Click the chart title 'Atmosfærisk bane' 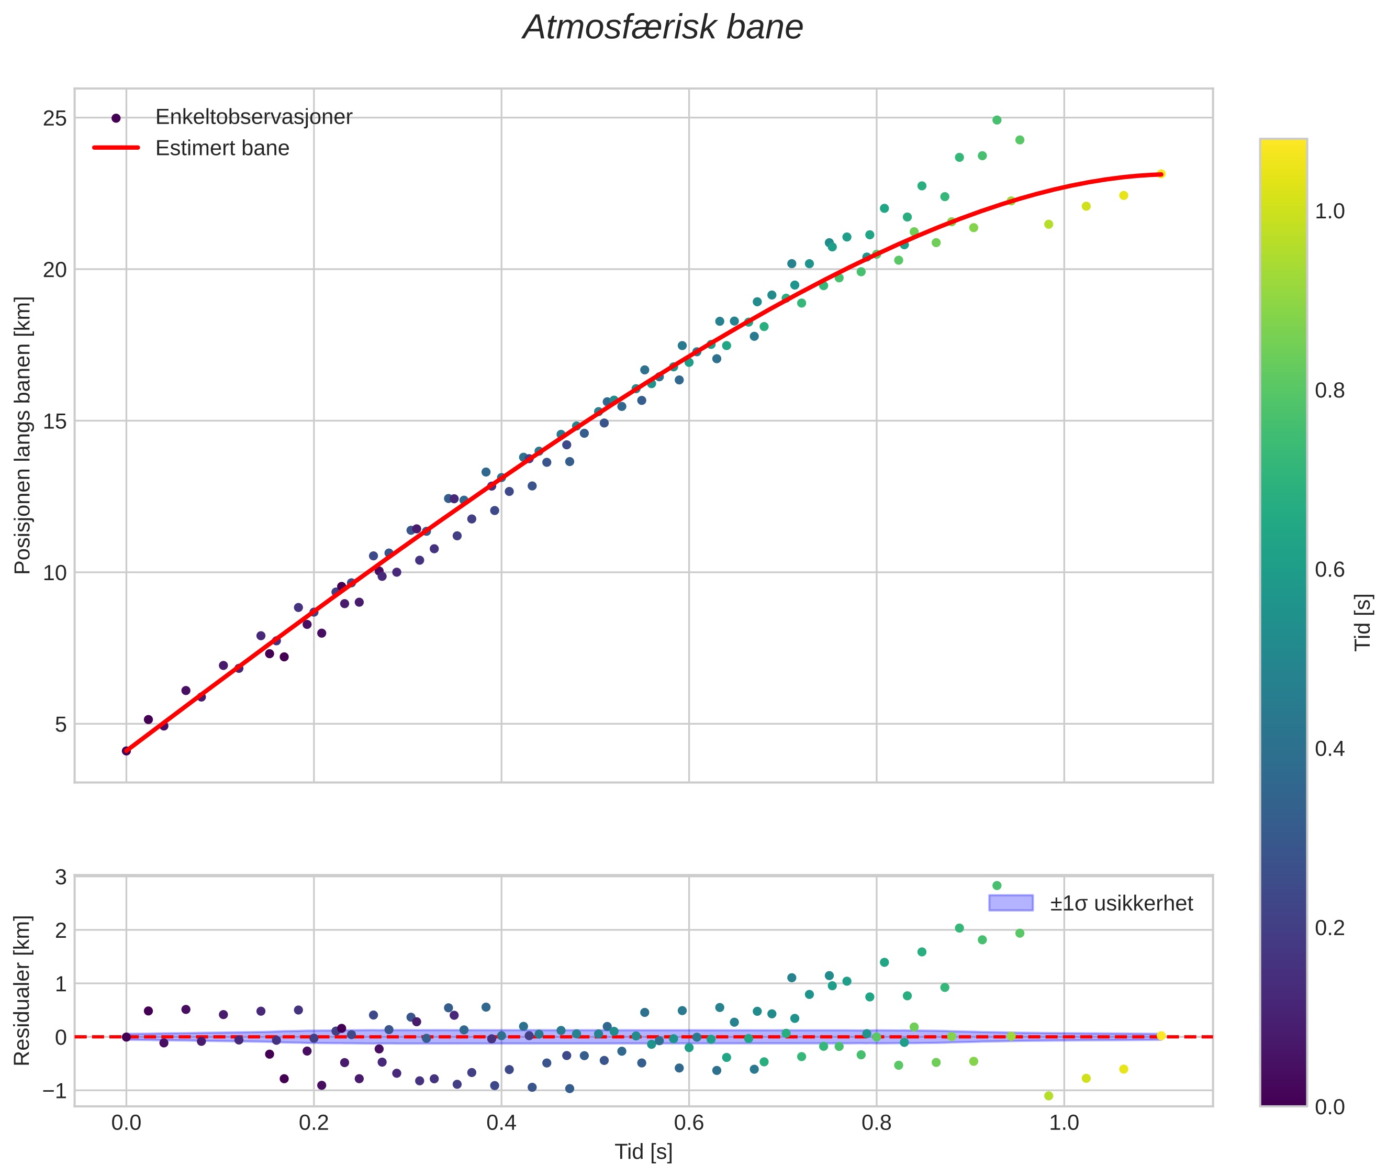[x=663, y=28]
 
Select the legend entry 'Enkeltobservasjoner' [x=253, y=117]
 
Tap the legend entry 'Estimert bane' [x=222, y=148]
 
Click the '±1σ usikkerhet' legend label [x=1121, y=904]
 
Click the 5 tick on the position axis [x=61, y=724]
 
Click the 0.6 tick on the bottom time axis [x=688, y=1123]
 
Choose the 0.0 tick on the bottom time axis [x=126, y=1123]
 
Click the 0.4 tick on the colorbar [x=1329, y=749]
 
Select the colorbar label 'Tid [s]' [x=1363, y=622]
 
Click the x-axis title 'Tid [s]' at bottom [x=643, y=1152]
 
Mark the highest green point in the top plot [x=997, y=120]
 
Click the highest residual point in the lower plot [x=997, y=886]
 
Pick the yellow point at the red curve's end [x=1160, y=174]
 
